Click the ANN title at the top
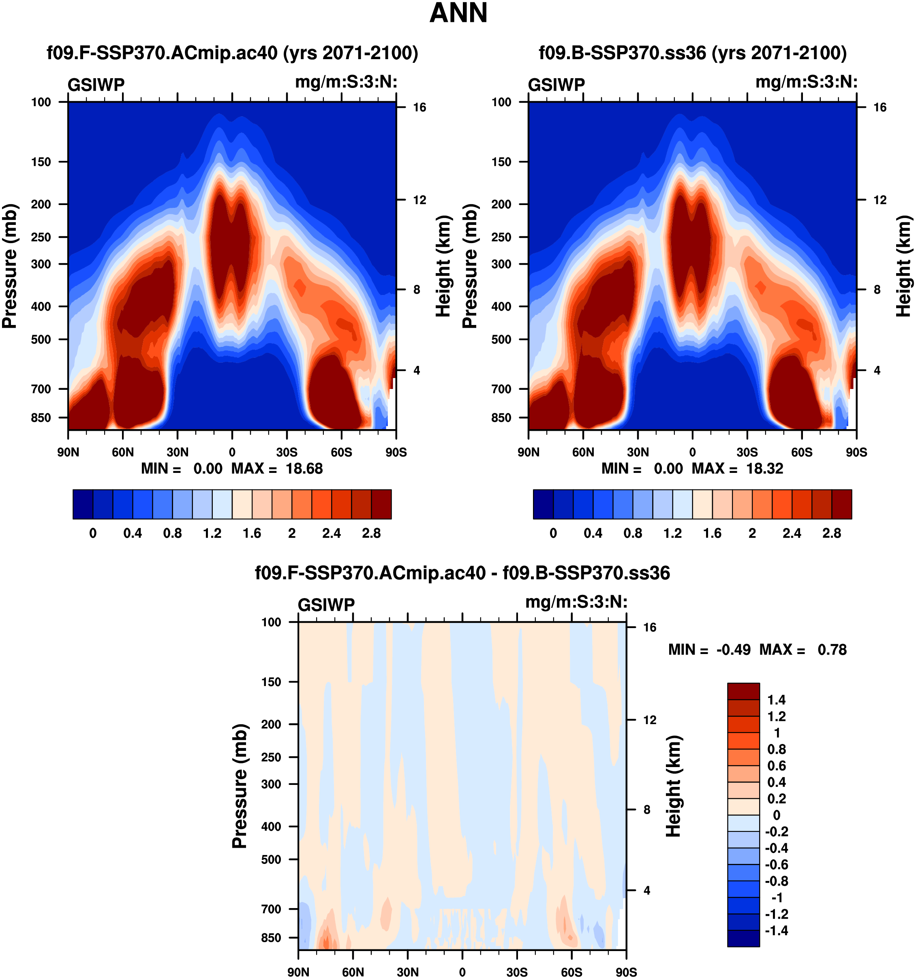tap(458, 13)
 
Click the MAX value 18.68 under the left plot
tap(304, 468)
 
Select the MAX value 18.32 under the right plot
tap(764, 468)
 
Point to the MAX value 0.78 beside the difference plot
tap(832, 650)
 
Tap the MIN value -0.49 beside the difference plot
tap(733, 650)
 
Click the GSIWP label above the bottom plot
tap(326, 605)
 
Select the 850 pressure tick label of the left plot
tap(41, 418)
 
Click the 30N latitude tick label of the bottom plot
tap(408, 972)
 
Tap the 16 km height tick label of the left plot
tap(419, 107)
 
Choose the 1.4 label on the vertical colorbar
tap(777, 700)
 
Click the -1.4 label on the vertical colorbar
tap(776, 930)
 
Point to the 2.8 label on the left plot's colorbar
tap(371, 533)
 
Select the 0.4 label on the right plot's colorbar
tap(593, 533)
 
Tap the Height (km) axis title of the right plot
tap(903, 266)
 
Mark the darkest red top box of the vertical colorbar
tap(743, 691)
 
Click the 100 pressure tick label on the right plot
tap(501, 102)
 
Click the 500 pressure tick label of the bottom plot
tap(271, 859)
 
